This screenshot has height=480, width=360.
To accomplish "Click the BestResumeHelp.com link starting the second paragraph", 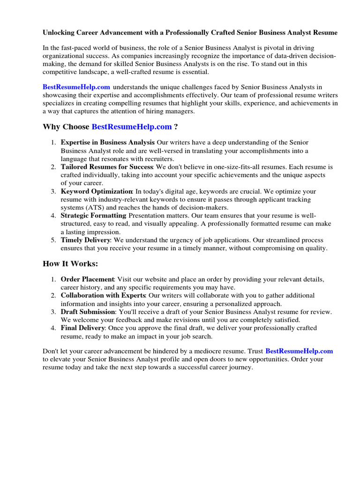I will [76, 87].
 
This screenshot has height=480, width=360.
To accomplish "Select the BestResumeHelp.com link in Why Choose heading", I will [132, 127].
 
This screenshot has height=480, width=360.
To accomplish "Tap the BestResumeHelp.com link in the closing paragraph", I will [299, 351].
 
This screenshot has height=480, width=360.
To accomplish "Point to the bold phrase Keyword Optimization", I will [97, 191].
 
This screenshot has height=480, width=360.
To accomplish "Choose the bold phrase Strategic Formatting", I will [93, 216].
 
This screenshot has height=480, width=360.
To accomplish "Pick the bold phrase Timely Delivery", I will [86, 240].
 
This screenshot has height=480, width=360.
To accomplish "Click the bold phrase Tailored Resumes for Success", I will [107, 167].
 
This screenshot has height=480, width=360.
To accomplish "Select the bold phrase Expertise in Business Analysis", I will [108, 142].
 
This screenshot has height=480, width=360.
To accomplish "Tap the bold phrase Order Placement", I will [88, 279].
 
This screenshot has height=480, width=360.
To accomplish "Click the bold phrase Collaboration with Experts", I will [103, 295].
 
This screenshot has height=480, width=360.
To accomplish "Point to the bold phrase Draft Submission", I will [88, 312].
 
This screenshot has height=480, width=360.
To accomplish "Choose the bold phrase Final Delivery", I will [82, 328].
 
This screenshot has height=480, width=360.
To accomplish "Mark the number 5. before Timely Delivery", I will [53, 240].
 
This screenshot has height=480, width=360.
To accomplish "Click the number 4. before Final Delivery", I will [53, 328].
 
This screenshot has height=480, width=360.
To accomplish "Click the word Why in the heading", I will [51, 127].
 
